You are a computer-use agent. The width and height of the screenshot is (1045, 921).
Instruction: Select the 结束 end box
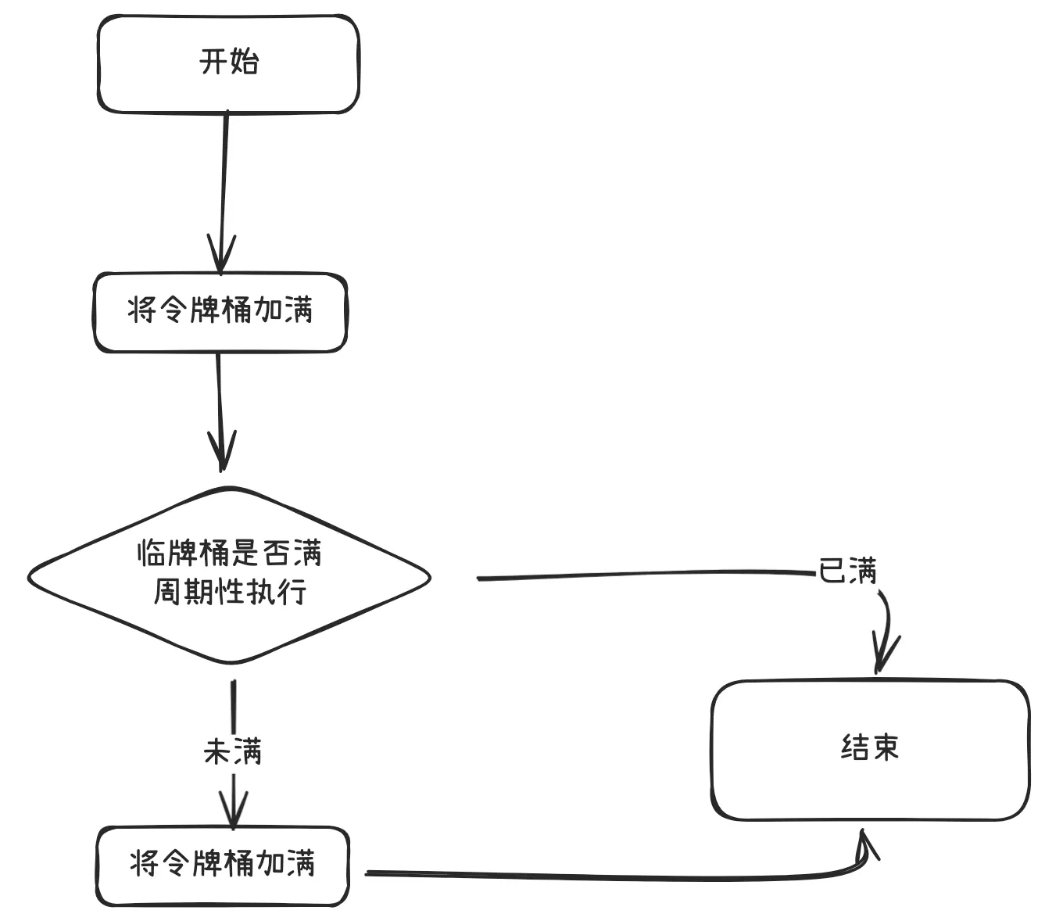869,749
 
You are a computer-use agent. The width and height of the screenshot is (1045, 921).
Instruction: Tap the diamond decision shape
228,575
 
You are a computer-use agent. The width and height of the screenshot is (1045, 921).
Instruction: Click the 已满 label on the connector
847,570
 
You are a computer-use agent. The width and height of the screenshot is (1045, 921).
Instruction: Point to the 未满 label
232,751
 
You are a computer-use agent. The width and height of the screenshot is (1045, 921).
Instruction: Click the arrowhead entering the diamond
222,453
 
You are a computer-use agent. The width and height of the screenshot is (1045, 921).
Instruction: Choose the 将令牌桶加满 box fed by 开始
220,312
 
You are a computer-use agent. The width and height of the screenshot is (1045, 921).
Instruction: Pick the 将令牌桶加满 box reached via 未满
222,865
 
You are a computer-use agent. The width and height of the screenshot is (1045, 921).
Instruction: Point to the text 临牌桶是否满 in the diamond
230,553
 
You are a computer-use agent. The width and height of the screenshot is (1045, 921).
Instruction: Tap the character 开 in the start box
213,61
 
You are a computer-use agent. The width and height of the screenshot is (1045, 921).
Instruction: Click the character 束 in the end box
886,747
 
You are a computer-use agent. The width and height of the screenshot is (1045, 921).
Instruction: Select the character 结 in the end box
854,747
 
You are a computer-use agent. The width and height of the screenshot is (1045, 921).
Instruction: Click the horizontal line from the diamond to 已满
641,575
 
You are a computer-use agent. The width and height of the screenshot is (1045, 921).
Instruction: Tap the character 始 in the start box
244,61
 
